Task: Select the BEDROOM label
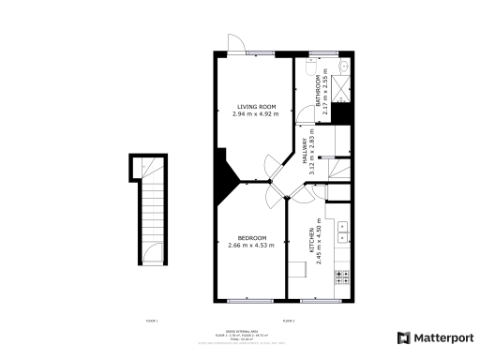click(251, 238)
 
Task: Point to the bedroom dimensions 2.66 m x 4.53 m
click(251, 246)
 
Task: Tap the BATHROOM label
click(318, 92)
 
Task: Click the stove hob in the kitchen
click(343, 277)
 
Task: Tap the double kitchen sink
click(343, 231)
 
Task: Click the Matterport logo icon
click(403, 337)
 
